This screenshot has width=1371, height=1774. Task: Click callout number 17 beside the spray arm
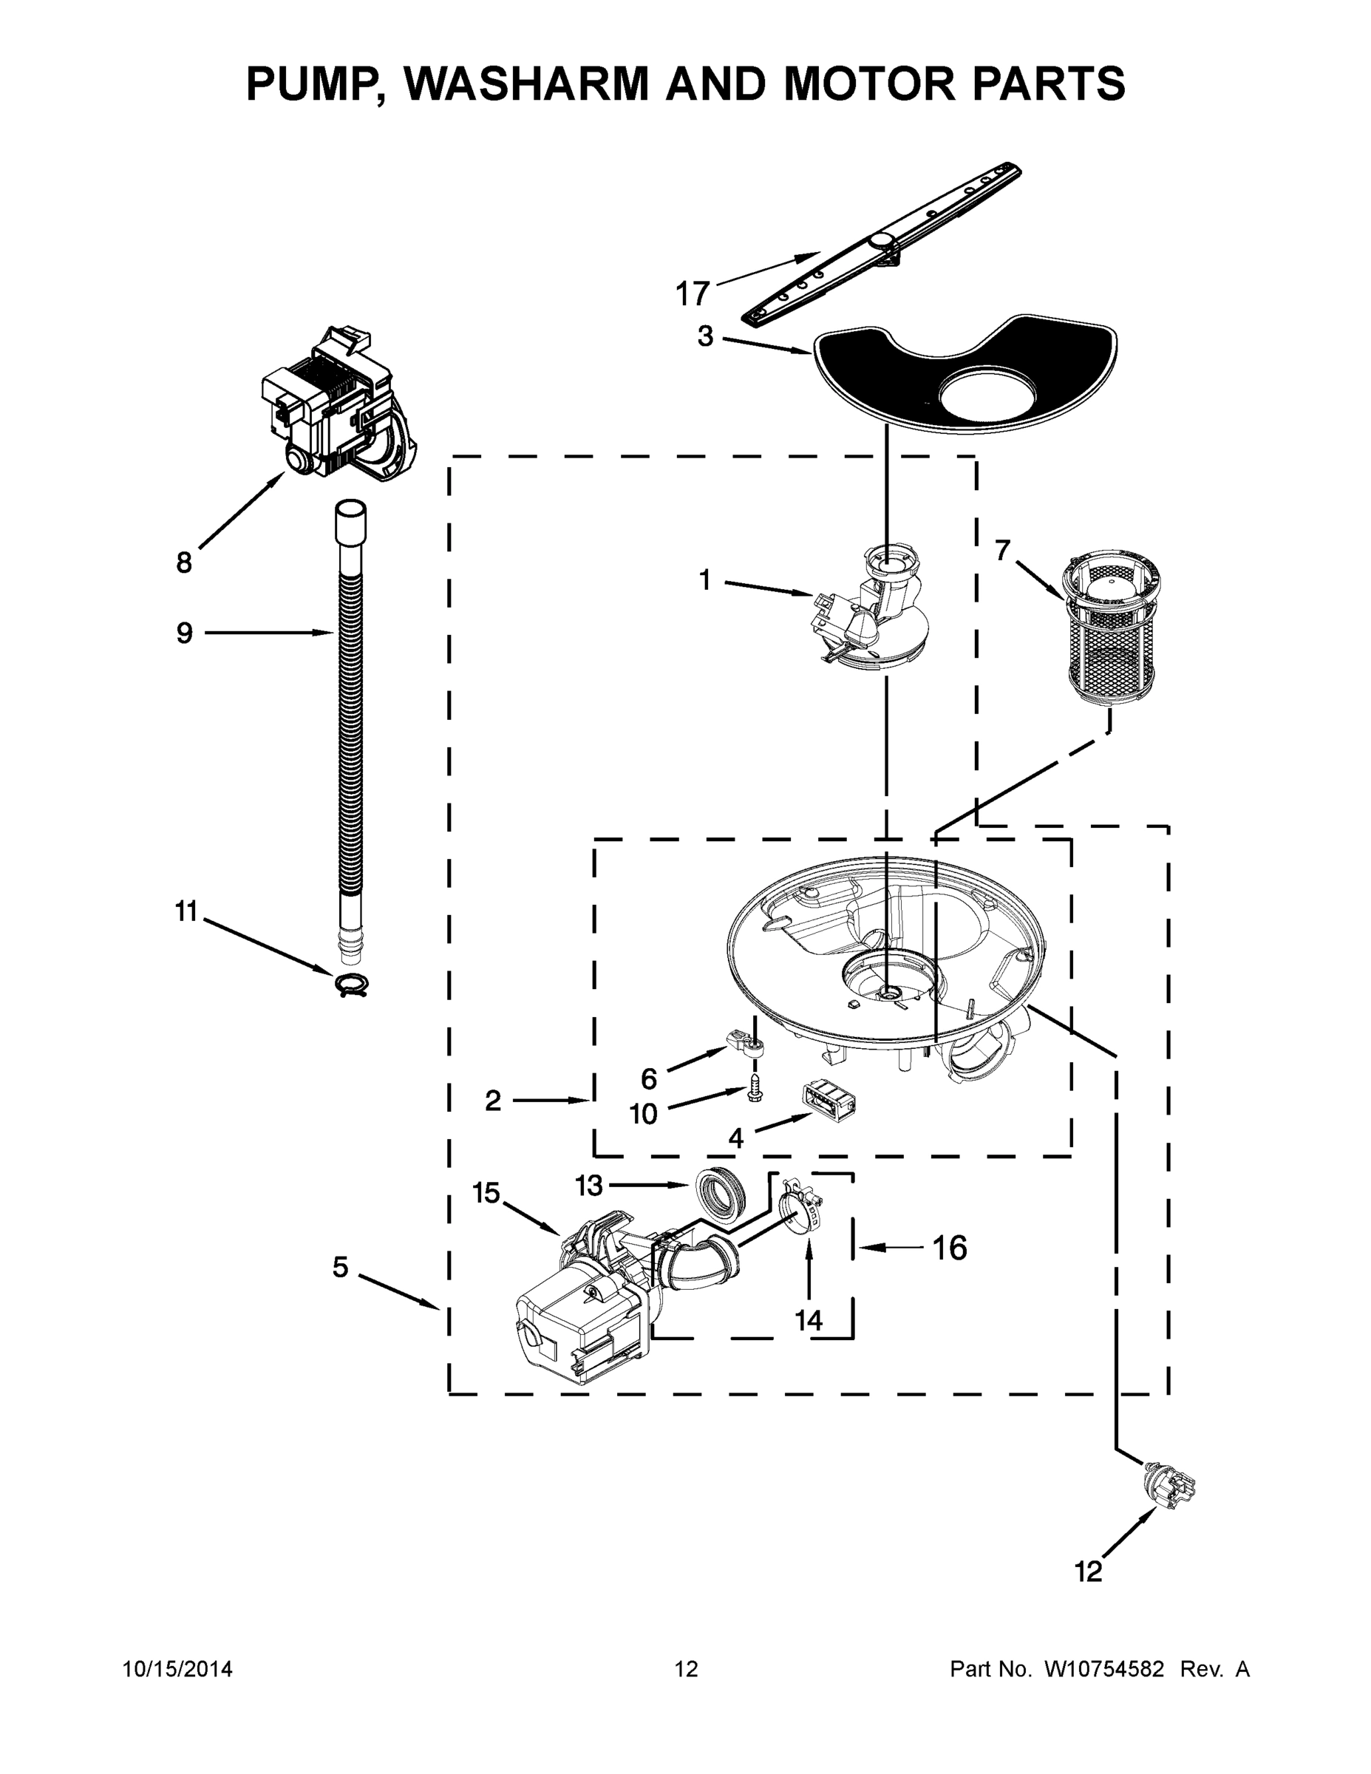pos(692,293)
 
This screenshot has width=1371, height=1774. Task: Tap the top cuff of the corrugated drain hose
pos(350,520)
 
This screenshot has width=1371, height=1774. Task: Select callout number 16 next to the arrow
pos(949,1248)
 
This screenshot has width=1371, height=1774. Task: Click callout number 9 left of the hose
pos(184,633)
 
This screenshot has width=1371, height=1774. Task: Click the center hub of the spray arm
pos(882,239)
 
